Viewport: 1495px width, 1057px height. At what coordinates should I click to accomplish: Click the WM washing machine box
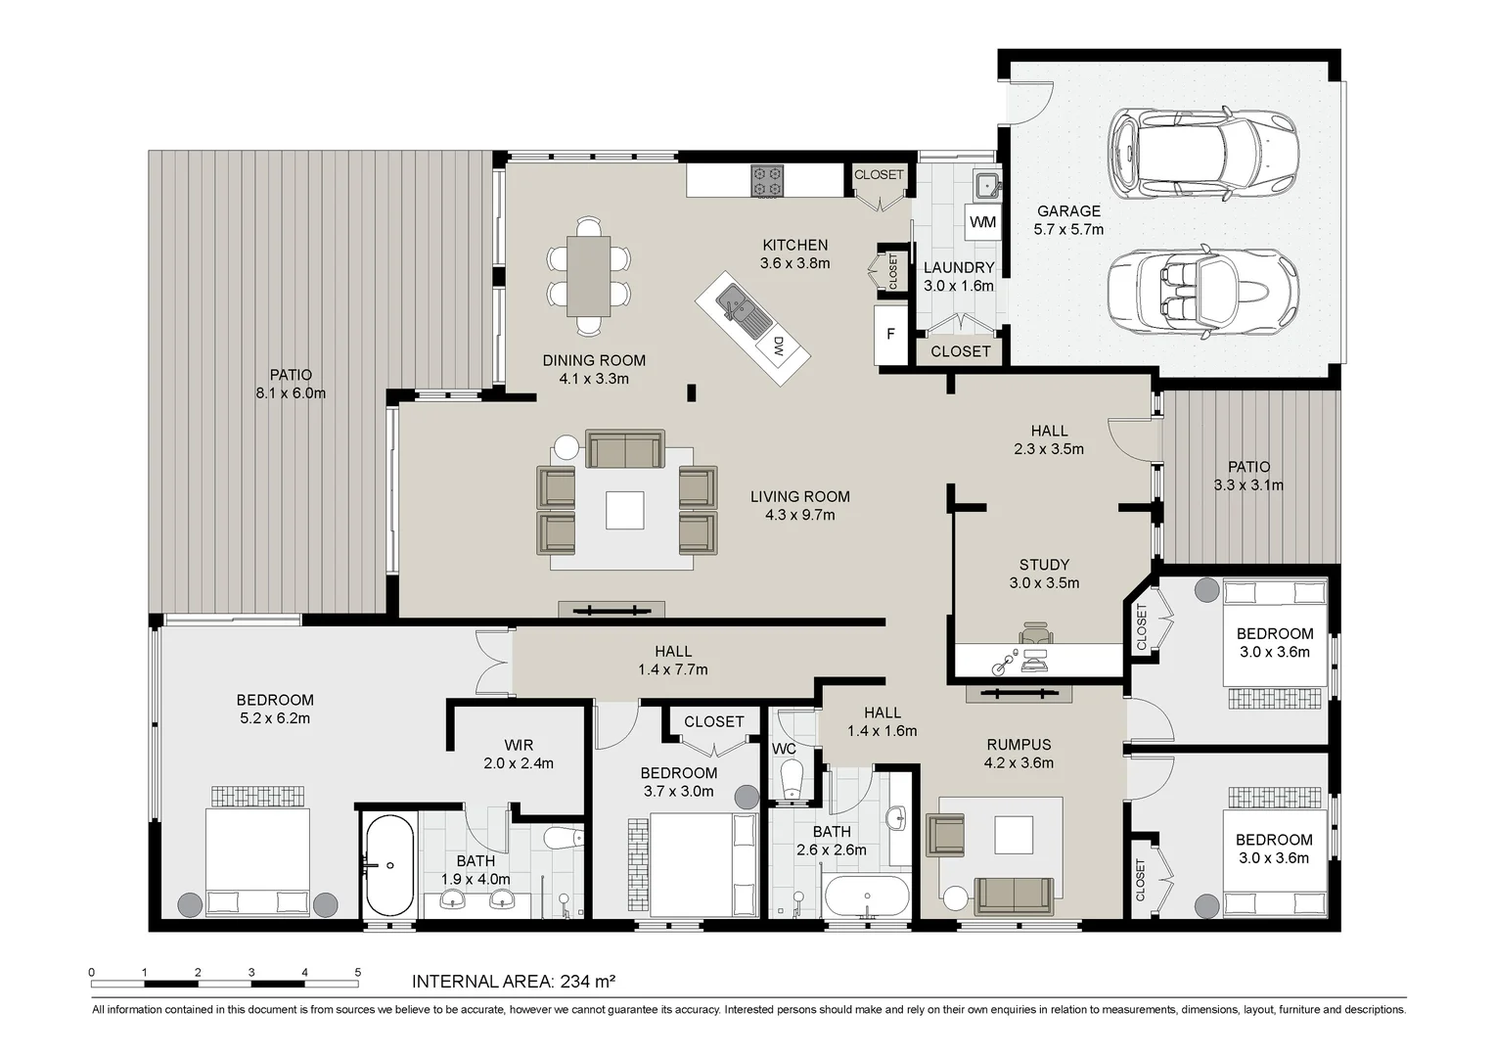coord(982,222)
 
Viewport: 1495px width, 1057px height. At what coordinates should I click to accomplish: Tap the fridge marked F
coord(891,334)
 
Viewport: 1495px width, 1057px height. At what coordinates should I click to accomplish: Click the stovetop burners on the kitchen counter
coord(767,181)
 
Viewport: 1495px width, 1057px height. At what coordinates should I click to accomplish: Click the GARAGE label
coord(1068,211)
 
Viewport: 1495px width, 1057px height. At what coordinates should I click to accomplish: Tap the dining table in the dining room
coord(588,276)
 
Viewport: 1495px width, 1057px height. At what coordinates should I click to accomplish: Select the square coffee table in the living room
coord(624,510)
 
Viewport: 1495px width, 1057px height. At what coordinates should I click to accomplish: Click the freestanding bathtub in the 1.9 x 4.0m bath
coord(390,865)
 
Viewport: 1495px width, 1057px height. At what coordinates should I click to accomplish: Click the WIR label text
coord(518,745)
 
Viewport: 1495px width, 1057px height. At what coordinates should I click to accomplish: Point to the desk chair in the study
coord(1036,633)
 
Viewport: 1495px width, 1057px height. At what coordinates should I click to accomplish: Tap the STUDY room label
coord(1045,565)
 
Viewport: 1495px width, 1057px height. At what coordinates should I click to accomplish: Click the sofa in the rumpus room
coord(1014,896)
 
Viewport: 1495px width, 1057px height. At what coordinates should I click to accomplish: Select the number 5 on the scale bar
coord(358,972)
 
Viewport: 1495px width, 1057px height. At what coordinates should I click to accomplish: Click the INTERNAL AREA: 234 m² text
coord(514,981)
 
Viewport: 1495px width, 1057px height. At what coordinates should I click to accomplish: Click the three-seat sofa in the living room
coord(624,448)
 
